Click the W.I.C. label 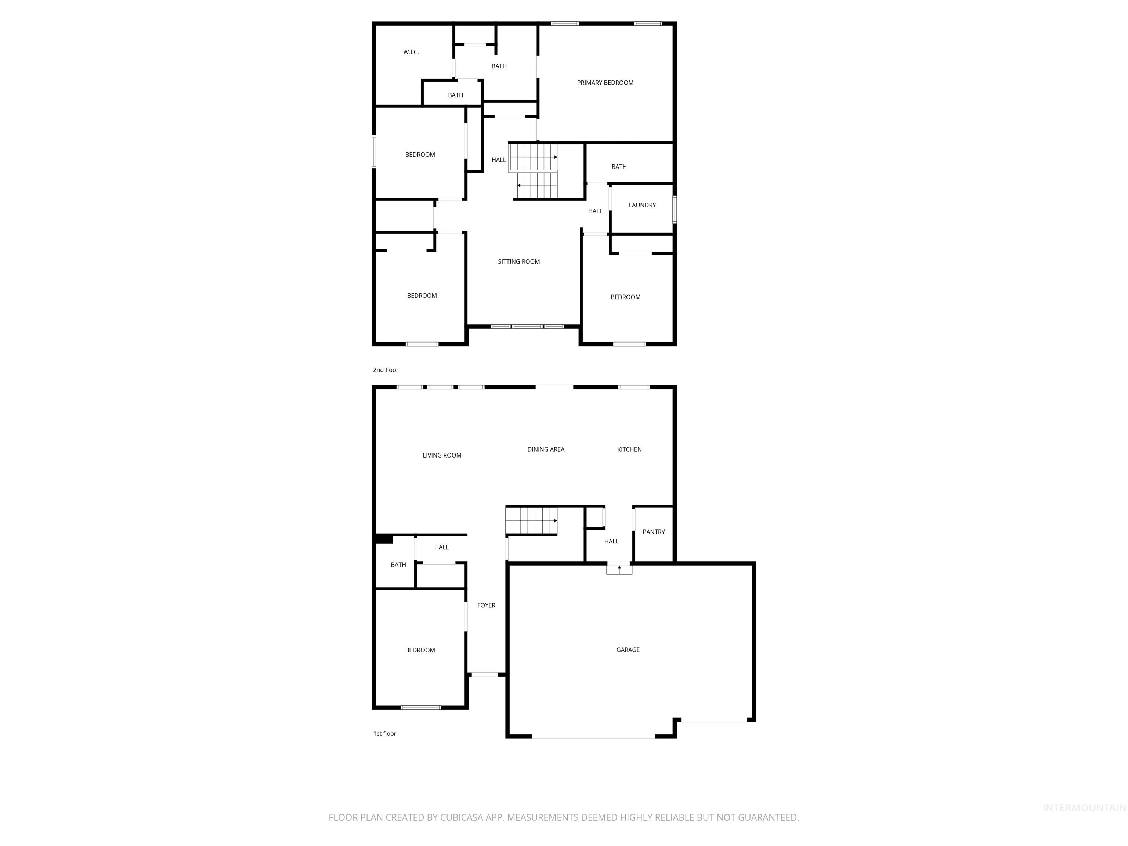411,52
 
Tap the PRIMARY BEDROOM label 605,83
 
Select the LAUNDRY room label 642,205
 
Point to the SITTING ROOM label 518,261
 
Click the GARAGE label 628,650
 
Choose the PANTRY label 653,532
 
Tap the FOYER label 486,605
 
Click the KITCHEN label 629,449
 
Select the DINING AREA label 546,449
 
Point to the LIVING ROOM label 442,455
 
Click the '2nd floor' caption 386,370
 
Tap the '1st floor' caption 384,733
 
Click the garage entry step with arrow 619,569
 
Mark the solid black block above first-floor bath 383,539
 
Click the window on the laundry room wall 674,209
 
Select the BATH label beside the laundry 619,167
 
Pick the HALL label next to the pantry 611,542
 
